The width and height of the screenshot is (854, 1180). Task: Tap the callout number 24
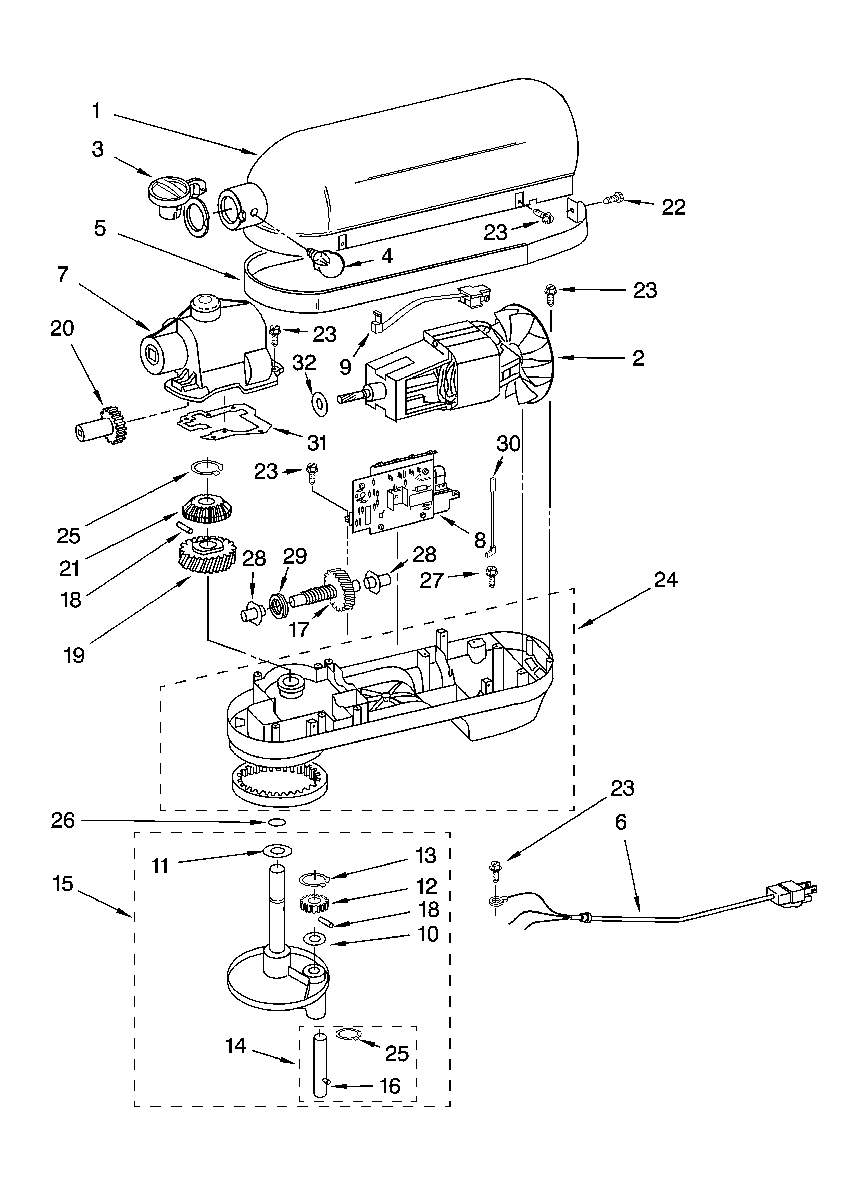coord(666,580)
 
